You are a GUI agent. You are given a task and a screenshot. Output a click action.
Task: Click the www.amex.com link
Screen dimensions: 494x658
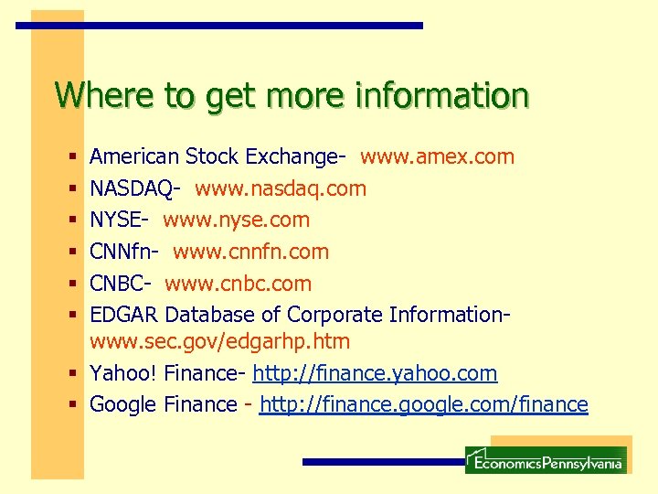(x=437, y=157)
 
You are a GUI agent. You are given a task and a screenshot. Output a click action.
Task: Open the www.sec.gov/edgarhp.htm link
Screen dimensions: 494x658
(x=219, y=342)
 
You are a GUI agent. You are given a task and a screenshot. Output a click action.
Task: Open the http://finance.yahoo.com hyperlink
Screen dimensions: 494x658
(x=375, y=373)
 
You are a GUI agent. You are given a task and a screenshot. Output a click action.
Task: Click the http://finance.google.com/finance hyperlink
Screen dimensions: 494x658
(x=423, y=404)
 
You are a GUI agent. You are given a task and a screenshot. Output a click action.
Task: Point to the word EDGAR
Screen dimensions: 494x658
(x=123, y=315)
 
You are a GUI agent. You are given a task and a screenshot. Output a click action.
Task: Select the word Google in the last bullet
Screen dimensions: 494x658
(x=123, y=404)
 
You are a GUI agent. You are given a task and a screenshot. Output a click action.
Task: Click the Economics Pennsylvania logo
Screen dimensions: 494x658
(x=546, y=460)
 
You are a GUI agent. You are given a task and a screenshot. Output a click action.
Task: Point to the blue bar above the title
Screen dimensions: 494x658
(x=219, y=26)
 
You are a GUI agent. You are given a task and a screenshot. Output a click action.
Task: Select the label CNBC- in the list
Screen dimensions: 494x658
(x=123, y=284)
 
